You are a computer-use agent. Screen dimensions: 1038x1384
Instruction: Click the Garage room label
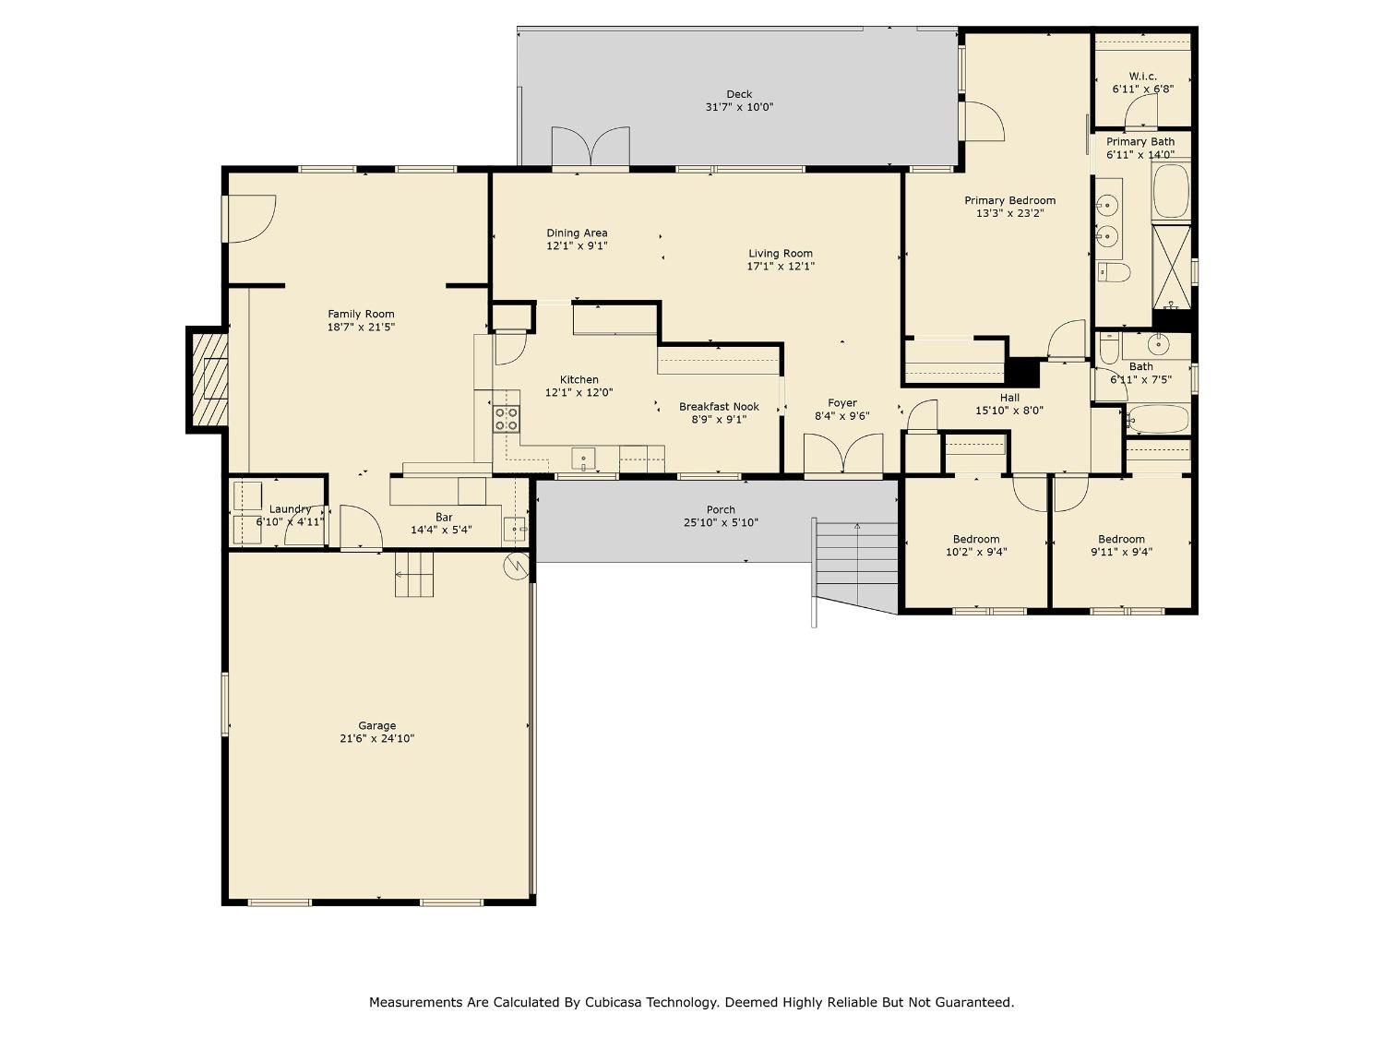pos(376,725)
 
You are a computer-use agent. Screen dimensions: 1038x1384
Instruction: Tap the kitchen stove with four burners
pos(506,419)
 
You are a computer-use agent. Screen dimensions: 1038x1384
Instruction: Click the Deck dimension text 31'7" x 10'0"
pos(739,107)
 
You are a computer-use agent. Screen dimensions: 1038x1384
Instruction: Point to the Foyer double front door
pos(842,457)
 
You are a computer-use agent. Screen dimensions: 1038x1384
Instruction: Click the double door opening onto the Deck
pos(591,149)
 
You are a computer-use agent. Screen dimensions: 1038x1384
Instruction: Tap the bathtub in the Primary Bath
pos(1171,191)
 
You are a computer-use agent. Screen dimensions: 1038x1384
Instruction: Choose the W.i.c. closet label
pos(1142,77)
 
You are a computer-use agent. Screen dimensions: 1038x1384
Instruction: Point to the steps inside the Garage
pos(414,574)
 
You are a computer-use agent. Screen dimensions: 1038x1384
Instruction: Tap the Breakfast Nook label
pos(719,406)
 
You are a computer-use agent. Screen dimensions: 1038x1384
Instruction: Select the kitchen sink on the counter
pos(583,459)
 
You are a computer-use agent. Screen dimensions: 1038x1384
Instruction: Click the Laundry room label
pos(290,509)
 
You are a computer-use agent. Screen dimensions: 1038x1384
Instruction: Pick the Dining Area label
pos(577,233)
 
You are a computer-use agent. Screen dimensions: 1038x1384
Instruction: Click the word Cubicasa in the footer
pos(614,1002)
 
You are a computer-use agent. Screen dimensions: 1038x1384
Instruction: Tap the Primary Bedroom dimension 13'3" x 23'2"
pos(1009,213)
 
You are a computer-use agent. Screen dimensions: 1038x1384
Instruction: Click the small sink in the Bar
pos(514,530)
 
